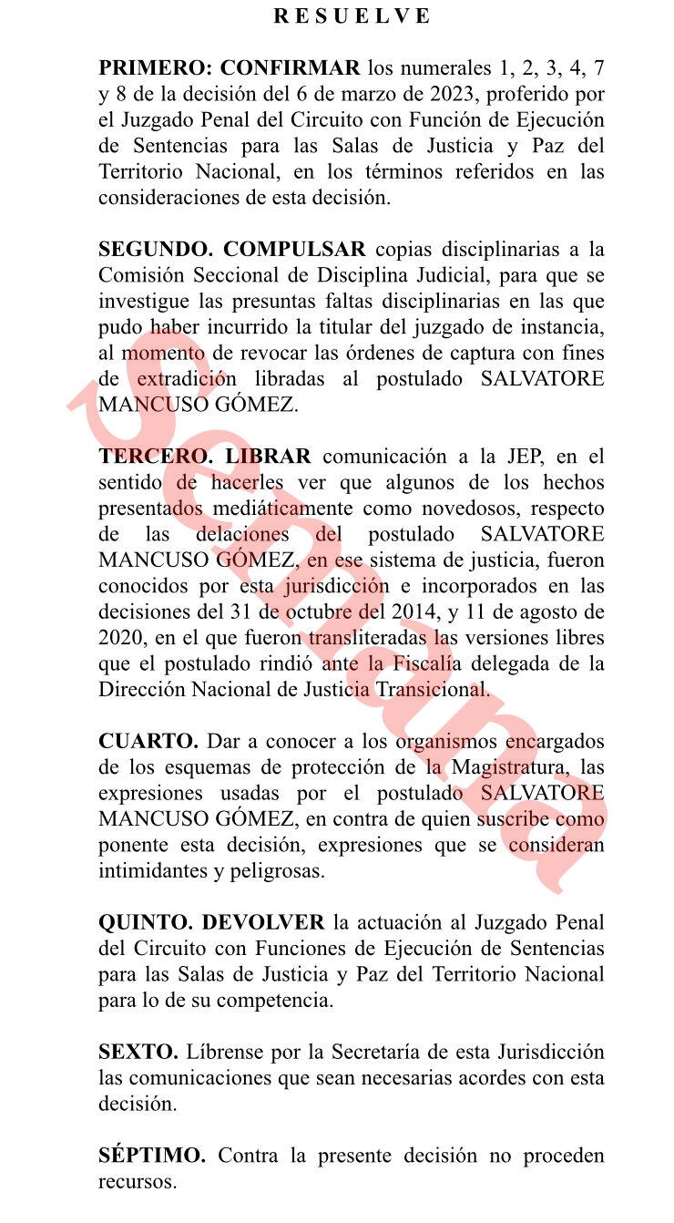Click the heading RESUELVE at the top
(x=352, y=15)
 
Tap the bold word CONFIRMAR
(x=291, y=67)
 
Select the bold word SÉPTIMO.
(x=152, y=1156)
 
